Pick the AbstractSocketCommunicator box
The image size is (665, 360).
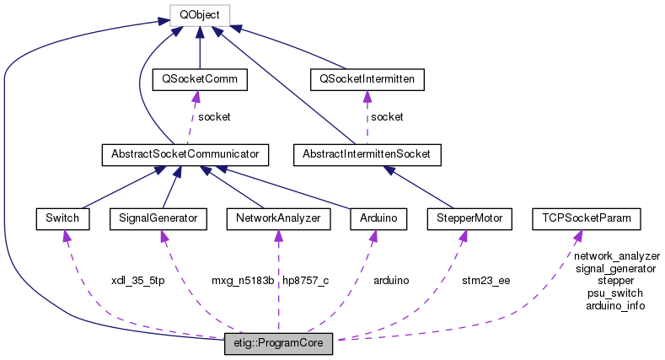[x=185, y=154]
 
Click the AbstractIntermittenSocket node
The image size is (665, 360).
[x=368, y=154]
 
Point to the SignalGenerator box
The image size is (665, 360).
[x=158, y=218]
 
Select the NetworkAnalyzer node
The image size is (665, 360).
[x=279, y=218]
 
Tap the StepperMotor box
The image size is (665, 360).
[x=470, y=218]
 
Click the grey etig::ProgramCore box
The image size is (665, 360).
[x=279, y=345]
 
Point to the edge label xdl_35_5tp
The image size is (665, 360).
[x=137, y=280]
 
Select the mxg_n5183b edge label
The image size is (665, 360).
[x=243, y=280]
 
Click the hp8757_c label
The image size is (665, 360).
[x=306, y=280]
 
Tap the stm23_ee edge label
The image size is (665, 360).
[x=486, y=280]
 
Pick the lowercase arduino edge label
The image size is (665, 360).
[x=391, y=280]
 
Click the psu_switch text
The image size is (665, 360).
[x=615, y=293]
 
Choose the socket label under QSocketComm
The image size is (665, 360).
[x=214, y=116]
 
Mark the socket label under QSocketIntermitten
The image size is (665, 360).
[x=387, y=116]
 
